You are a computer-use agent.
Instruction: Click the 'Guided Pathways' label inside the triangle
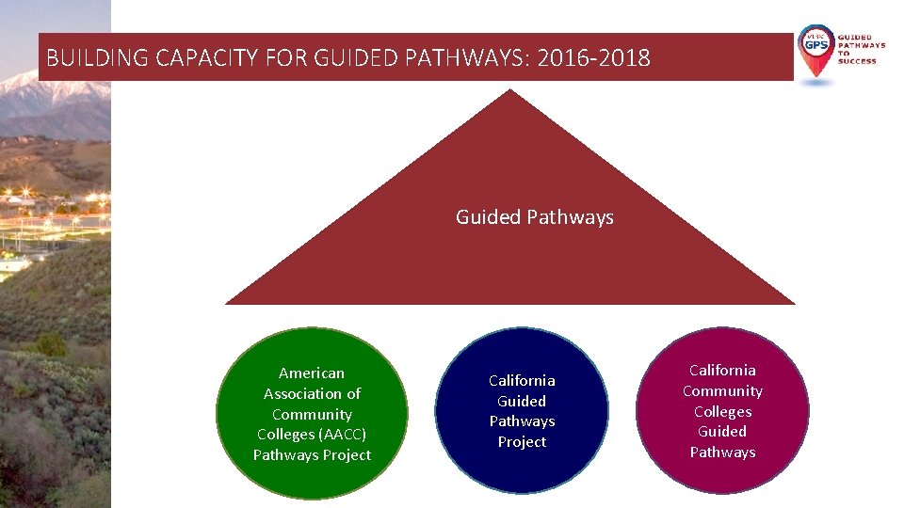coord(535,217)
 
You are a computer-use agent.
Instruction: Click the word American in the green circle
coord(312,373)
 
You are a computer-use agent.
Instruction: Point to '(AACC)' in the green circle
coord(342,435)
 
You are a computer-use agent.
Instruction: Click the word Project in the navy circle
coord(522,442)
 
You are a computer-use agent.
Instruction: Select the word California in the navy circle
coord(522,381)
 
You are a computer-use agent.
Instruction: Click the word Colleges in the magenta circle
coord(722,412)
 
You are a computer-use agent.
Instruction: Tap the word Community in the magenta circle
coord(722,391)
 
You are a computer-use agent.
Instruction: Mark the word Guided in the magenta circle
coord(722,432)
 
